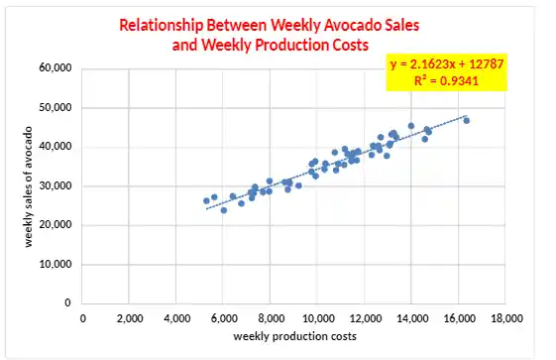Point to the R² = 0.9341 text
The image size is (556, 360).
coord(448,81)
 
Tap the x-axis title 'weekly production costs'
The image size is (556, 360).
coord(294,337)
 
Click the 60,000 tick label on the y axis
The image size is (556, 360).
coord(56,69)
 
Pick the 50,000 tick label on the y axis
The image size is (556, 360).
coord(56,108)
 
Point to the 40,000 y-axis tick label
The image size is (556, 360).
coord(56,147)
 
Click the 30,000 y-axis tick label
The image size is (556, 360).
coord(56,186)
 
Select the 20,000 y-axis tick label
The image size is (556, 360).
coord(56,225)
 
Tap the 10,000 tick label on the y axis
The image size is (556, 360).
coord(56,264)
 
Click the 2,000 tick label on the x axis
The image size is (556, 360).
coord(130,318)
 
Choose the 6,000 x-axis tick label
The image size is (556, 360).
coord(224,318)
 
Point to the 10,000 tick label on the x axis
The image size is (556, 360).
coord(317,318)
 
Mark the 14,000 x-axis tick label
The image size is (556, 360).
coord(411,318)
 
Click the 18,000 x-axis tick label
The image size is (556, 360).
coord(505,318)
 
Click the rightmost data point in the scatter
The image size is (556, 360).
coord(467,120)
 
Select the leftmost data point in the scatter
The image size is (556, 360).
coord(206,200)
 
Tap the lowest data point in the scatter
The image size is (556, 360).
coord(224,210)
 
